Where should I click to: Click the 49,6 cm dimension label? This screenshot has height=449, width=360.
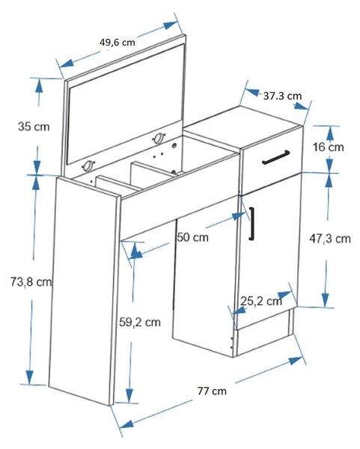click(118, 43)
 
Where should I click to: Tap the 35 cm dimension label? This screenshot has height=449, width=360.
click(34, 126)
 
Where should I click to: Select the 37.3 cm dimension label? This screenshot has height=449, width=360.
click(282, 96)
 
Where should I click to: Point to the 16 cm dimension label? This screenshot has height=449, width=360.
click(329, 147)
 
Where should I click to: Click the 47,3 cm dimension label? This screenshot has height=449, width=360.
click(330, 238)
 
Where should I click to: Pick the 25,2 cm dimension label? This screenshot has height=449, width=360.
click(261, 301)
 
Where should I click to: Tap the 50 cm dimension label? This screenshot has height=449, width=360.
click(193, 237)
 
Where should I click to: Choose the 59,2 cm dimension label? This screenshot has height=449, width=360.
click(140, 322)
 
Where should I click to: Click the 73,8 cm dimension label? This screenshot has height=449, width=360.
click(31, 282)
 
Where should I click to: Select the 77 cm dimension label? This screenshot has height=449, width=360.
click(212, 391)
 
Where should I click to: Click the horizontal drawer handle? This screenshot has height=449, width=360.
click(275, 157)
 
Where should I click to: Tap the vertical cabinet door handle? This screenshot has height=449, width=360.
click(251, 223)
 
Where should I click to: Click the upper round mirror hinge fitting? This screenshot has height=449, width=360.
click(159, 138)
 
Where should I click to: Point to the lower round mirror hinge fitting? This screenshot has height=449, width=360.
click(88, 166)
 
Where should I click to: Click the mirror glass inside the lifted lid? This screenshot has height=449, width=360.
click(126, 104)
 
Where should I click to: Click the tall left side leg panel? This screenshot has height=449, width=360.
click(84, 291)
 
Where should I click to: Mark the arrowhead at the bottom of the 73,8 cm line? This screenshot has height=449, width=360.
click(29, 378)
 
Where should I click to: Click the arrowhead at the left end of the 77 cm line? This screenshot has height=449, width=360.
click(126, 424)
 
